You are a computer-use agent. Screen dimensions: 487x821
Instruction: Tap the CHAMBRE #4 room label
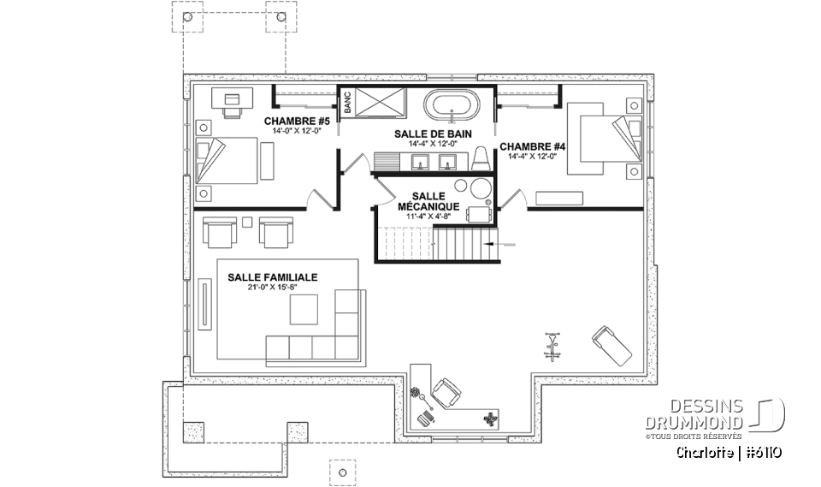(x=532, y=146)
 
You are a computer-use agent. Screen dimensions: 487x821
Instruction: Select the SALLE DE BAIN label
(x=434, y=134)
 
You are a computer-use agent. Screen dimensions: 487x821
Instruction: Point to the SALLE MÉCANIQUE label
(x=429, y=201)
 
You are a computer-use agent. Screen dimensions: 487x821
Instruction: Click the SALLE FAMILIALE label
(x=273, y=277)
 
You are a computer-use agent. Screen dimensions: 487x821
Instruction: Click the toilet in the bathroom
(x=481, y=157)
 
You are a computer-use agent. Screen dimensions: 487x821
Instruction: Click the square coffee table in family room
(x=304, y=310)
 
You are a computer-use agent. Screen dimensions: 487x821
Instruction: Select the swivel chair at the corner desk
(x=446, y=391)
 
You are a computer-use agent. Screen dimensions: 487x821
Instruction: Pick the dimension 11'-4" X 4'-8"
(x=429, y=217)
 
